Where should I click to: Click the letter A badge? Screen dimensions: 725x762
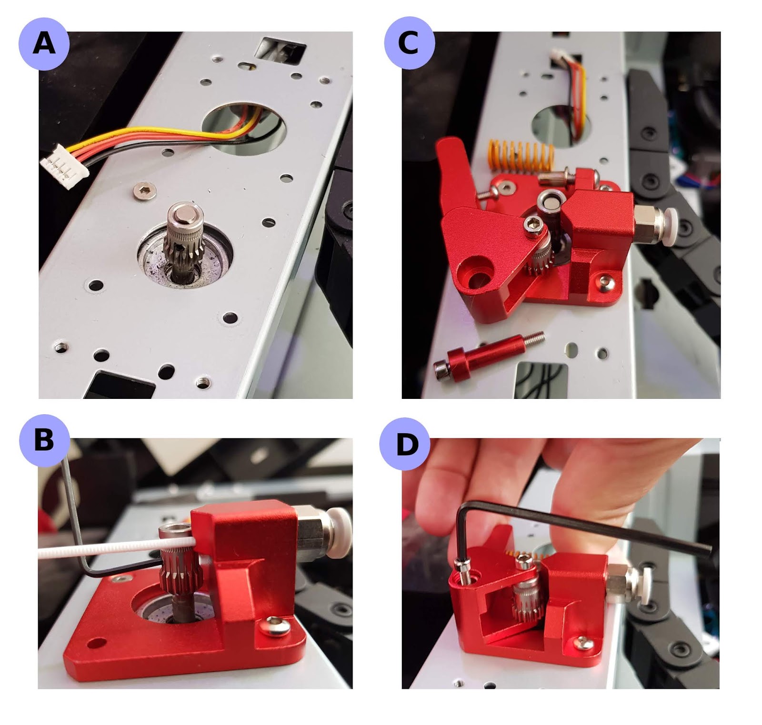pyautogui.click(x=44, y=44)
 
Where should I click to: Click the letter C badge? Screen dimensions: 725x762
pyautogui.click(x=409, y=44)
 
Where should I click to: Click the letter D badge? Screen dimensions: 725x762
pyautogui.click(x=406, y=444)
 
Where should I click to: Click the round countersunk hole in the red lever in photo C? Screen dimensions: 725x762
pyautogui.click(x=474, y=275)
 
